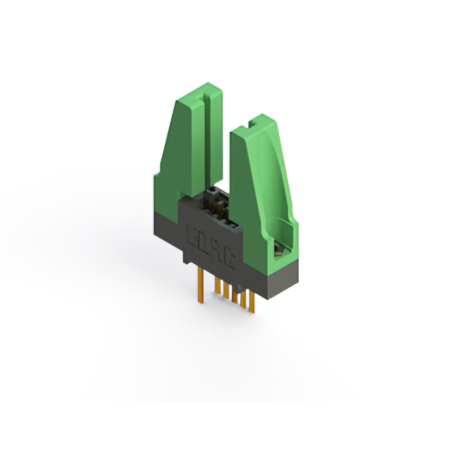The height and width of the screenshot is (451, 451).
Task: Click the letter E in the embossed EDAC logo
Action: tap(191, 233)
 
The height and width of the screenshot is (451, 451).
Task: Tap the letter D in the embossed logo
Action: tap(202, 240)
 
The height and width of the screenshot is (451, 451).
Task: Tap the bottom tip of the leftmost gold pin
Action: tap(200, 302)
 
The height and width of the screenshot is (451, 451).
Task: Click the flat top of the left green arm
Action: tap(197, 92)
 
